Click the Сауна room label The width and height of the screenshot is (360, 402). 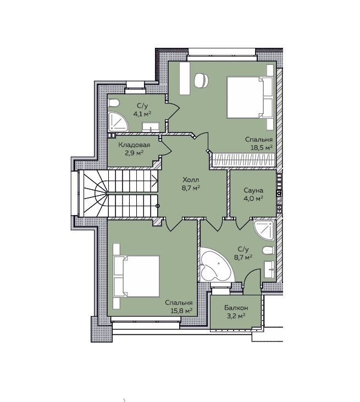tap(253, 190)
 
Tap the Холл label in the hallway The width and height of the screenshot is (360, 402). tap(191, 179)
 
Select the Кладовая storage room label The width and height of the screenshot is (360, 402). tap(134, 145)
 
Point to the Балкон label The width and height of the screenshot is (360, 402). tap(236, 307)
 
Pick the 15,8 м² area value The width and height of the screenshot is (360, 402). tap(181, 311)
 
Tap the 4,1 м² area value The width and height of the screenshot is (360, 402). tap(142, 114)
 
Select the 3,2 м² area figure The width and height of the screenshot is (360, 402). tap(236, 316)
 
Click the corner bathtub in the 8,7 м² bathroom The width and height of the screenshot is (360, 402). tap(215, 265)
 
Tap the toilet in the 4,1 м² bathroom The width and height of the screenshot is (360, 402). tap(114, 103)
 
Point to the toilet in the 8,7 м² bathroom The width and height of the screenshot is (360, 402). tap(269, 250)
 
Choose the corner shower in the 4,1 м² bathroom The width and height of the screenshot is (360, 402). tap(118, 122)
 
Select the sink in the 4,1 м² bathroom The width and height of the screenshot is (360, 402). tap(151, 128)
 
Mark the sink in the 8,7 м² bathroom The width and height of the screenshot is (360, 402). tap(269, 269)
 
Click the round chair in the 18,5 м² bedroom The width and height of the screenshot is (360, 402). tap(201, 81)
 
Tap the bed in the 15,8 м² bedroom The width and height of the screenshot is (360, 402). tap(136, 276)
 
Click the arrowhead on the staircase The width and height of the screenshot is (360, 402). tap(155, 181)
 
